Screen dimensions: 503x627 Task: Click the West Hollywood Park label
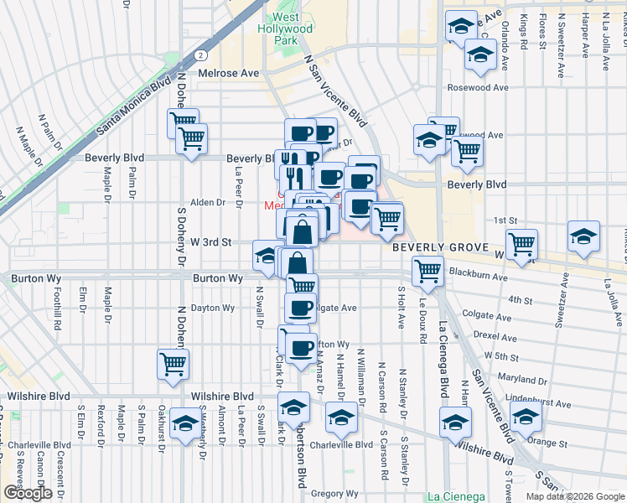292,29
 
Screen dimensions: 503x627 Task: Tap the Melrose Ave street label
229,74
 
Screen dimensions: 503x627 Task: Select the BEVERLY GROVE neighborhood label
443,249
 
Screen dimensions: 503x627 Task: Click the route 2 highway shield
202,54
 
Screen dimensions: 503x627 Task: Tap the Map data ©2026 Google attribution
574,496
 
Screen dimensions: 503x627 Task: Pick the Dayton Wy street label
213,308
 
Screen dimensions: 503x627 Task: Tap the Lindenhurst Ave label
536,404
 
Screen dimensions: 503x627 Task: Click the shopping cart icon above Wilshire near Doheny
173,365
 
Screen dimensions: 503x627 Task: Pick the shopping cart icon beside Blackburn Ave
427,271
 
